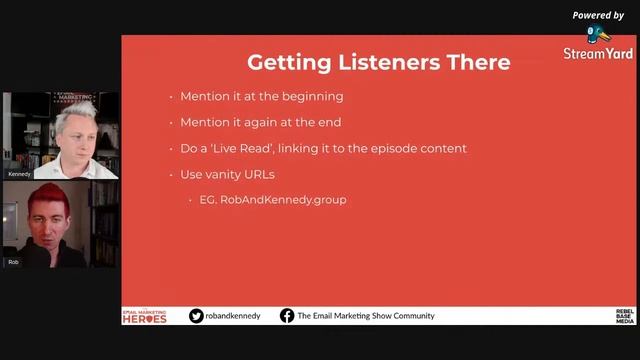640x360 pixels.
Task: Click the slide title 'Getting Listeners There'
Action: [x=378, y=62]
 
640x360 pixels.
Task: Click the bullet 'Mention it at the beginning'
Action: [x=261, y=97]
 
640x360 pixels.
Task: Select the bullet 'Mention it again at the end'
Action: [x=262, y=123]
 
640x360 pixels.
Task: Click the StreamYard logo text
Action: [x=598, y=54]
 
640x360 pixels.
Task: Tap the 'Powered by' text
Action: [x=598, y=15]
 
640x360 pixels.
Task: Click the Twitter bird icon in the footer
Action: [x=196, y=316]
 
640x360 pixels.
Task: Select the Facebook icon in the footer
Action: [x=287, y=316]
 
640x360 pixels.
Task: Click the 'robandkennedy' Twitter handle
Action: [x=234, y=316]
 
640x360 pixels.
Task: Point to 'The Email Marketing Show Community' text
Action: [x=366, y=316]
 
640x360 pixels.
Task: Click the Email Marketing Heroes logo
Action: [x=144, y=316]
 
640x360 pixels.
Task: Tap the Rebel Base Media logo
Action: [x=624, y=316]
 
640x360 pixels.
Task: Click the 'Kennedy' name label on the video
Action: [x=19, y=174]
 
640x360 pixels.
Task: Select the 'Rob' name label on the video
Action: [x=14, y=262]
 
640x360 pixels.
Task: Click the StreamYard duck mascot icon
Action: [x=598, y=34]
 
